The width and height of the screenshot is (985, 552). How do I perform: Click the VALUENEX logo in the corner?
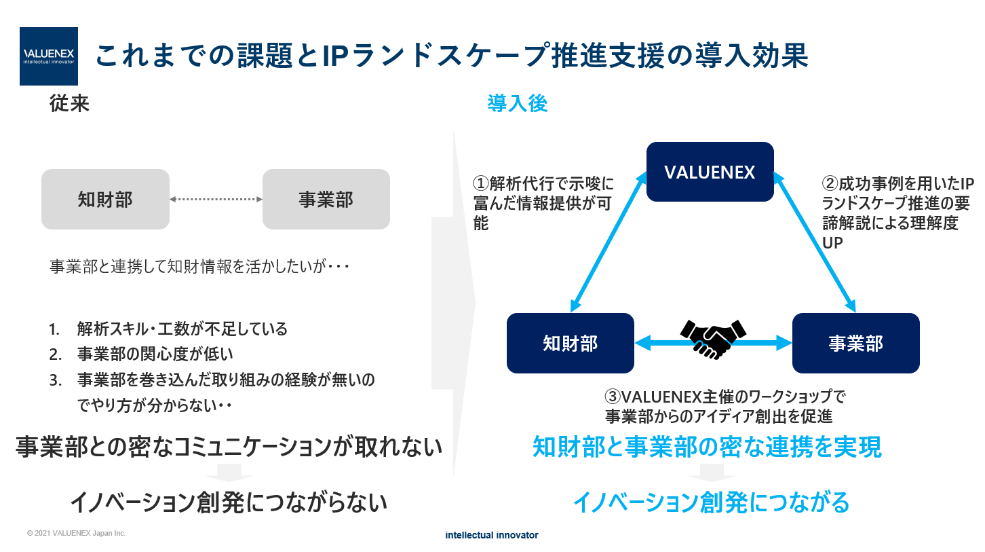49,56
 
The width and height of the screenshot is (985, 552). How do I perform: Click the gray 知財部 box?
105,199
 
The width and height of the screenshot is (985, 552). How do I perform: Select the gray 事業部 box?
326,199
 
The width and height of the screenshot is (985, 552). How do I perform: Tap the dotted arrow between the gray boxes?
216,199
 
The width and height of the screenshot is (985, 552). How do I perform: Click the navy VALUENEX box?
710,172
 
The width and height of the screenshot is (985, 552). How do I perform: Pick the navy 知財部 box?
571,343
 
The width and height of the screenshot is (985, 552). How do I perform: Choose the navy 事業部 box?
855,343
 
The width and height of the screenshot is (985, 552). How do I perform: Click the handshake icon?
712,337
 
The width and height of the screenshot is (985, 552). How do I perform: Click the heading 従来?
69,104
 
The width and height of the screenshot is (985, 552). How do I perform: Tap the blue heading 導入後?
518,104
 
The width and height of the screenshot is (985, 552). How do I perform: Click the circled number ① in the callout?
481,184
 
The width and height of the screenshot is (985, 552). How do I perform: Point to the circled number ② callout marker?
830,183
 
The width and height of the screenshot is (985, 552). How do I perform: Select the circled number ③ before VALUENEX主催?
613,397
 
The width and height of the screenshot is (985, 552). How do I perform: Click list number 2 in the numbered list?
55,354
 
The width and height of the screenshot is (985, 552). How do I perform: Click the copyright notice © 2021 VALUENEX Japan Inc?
76,534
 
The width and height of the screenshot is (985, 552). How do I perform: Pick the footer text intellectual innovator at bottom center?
492,535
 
